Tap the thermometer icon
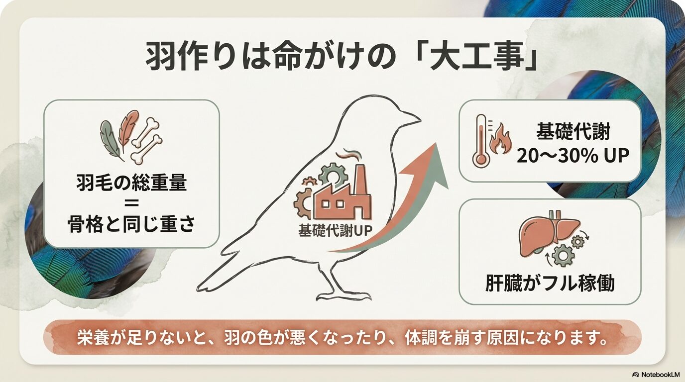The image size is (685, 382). (x=481, y=140)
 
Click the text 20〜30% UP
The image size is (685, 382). (x=572, y=156)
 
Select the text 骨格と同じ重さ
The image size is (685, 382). (x=131, y=225)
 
